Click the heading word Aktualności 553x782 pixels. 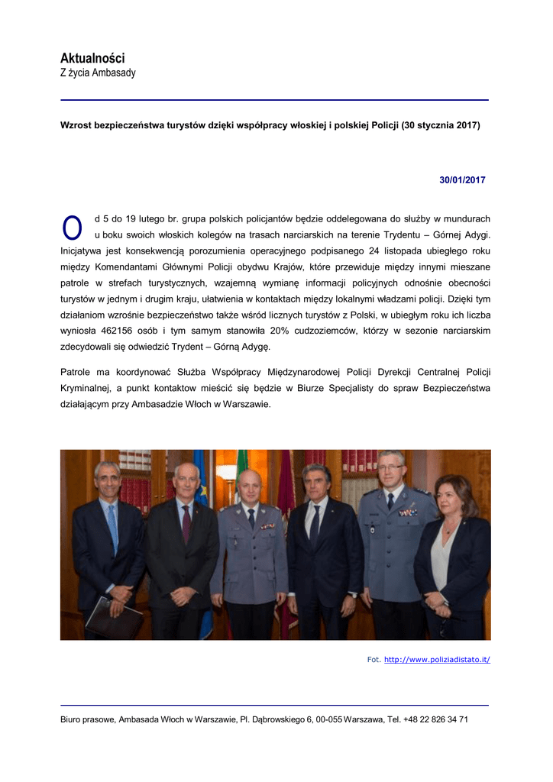coord(92,58)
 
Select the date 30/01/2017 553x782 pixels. coord(462,180)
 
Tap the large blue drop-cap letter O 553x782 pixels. coord(72,227)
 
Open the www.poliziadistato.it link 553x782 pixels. coord(437,659)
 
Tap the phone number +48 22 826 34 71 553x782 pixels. coord(436,719)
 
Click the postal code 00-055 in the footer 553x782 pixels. coord(330,719)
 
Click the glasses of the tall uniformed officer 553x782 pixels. coord(389,467)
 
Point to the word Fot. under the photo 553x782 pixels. coord(374,659)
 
